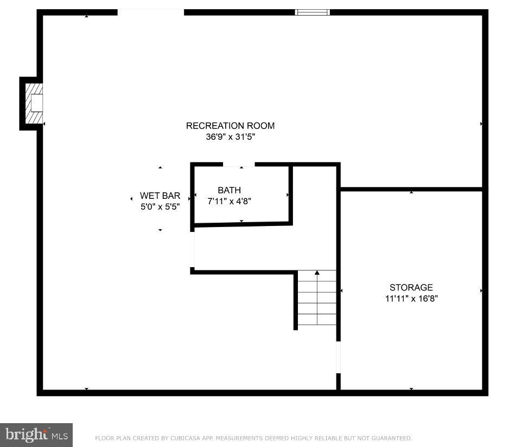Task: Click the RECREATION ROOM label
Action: coord(230,126)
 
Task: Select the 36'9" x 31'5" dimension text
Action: coord(230,137)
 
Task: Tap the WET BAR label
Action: coord(160,196)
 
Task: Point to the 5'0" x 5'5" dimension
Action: coord(160,206)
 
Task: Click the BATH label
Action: coord(229,190)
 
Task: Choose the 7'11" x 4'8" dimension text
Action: coord(229,201)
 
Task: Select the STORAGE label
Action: coord(411,287)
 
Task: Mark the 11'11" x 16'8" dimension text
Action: coord(411,298)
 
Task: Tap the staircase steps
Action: coord(317,303)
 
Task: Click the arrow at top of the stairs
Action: coord(317,273)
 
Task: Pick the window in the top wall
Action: coord(312,12)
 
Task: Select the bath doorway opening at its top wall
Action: coord(239,164)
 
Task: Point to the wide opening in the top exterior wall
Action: coord(150,12)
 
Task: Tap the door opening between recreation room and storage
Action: coord(338,358)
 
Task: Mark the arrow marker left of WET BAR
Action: coord(131,199)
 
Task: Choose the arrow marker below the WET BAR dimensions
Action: coord(160,230)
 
